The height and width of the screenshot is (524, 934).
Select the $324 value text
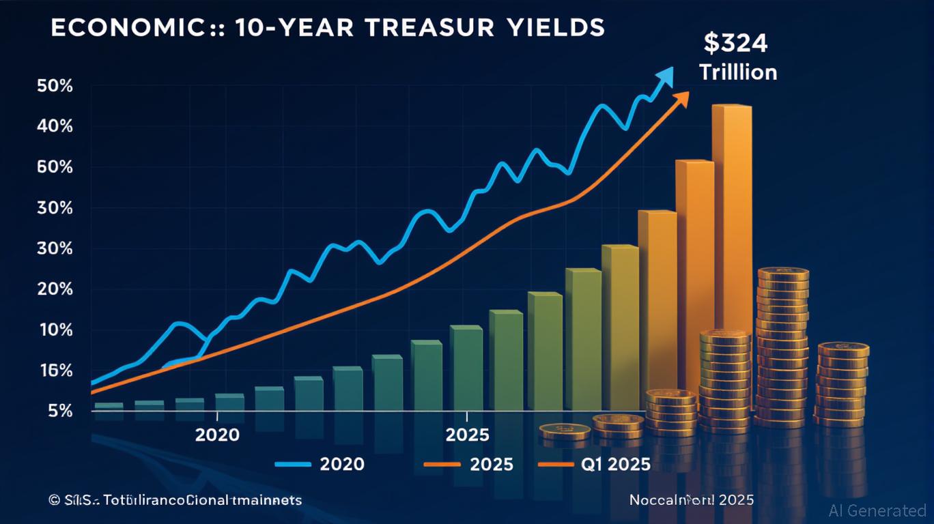(736, 43)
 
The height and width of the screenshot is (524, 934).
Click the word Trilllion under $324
(738, 72)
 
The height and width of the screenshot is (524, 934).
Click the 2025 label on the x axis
(467, 435)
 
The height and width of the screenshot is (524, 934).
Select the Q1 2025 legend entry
(615, 465)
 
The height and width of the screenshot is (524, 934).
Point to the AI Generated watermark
(877, 510)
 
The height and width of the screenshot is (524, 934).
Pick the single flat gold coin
(565, 431)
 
